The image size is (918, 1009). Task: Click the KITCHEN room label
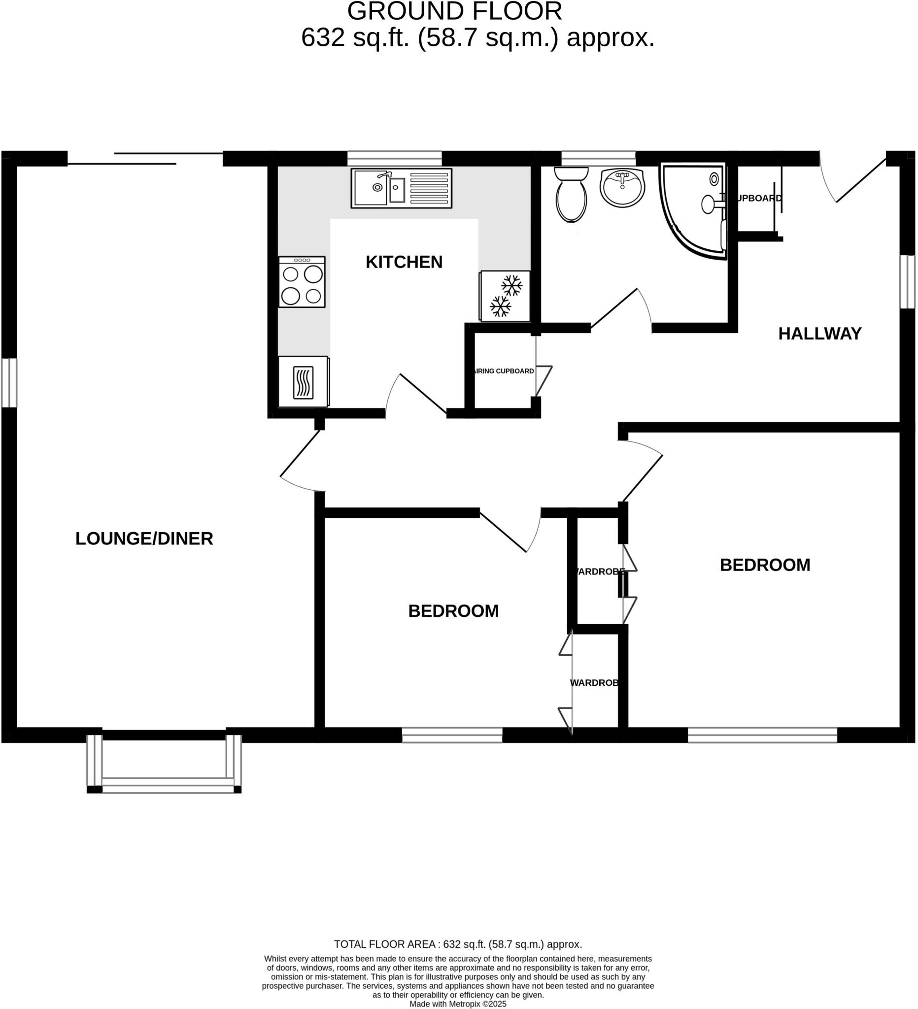click(x=404, y=262)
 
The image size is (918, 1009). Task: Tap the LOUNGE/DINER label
click(x=144, y=539)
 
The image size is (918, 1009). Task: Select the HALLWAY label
click(x=819, y=334)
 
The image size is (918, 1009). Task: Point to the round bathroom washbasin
click(x=622, y=187)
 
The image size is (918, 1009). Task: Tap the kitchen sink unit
click(x=401, y=188)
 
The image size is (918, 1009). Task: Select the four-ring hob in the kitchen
click(x=302, y=282)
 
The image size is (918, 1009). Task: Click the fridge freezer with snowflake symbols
click(x=505, y=296)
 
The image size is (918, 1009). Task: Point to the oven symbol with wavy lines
click(x=303, y=382)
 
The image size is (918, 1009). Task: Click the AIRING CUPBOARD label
click(x=504, y=371)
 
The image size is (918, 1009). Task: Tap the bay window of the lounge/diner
click(x=164, y=764)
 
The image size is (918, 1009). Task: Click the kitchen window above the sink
click(x=394, y=158)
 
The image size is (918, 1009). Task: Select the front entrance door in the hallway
click(x=853, y=180)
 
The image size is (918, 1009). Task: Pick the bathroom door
click(x=621, y=310)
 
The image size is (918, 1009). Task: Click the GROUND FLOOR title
click(x=454, y=11)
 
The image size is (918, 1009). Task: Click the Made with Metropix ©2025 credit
click(x=457, y=1004)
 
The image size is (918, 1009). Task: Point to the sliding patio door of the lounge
click(x=145, y=158)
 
